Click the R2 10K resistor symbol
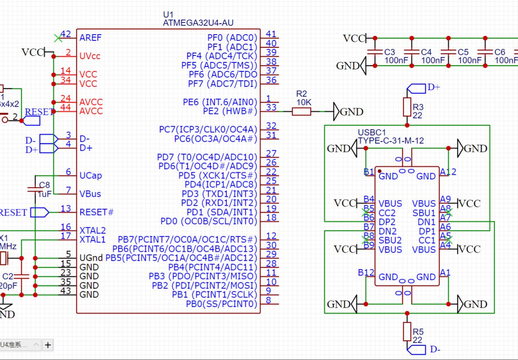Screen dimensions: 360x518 pos(301,111)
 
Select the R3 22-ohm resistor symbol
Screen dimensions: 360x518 pos(407,107)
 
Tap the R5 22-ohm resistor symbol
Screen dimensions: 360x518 pos(407,331)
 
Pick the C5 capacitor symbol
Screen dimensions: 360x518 pos(448,52)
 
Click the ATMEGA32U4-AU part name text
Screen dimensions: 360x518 pos(198,23)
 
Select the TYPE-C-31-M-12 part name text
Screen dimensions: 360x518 pos(391,141)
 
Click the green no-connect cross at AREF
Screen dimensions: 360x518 pos(58,38)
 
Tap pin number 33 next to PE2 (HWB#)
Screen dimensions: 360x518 pos(271,108)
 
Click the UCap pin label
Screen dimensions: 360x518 pos(91,176)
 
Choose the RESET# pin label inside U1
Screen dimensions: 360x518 pos(96,212)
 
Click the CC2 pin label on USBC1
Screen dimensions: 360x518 pos(387,213)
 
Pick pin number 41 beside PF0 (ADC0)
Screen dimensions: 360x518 pos(271,34)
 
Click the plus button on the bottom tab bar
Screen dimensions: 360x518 pos(48,345)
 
